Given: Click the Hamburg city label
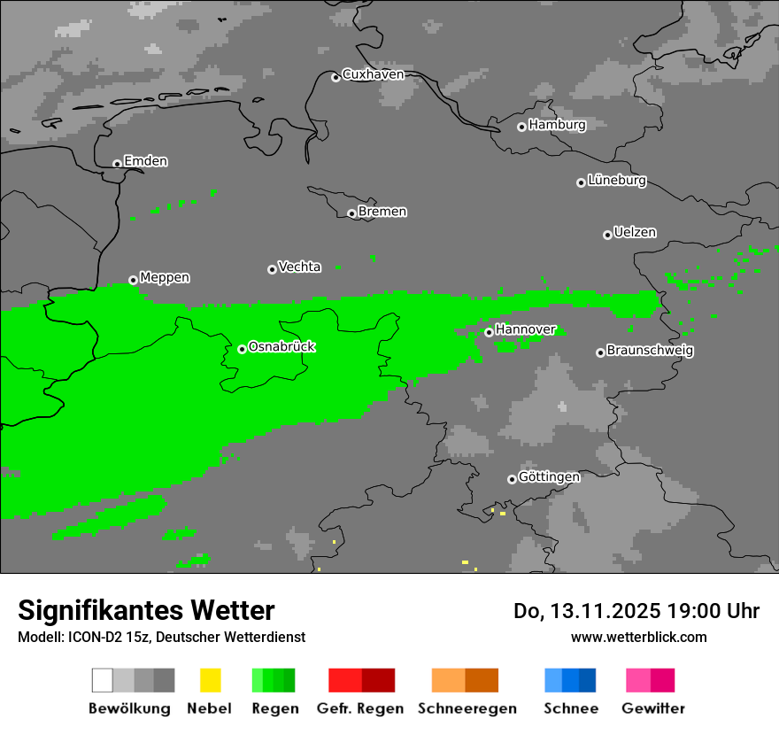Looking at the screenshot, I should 557,125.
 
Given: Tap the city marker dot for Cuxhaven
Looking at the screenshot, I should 336,78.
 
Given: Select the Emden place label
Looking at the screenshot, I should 145,161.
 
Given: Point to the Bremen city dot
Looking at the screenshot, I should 351,213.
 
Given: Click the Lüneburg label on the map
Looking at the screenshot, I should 617,181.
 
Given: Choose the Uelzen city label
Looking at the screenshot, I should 635,233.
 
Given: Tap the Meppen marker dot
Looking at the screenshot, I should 134,280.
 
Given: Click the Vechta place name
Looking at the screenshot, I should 299,267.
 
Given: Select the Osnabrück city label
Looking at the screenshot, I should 282,347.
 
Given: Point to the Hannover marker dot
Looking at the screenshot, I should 489,332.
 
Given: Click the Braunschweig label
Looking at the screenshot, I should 650,351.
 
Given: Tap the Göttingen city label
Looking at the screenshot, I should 549,477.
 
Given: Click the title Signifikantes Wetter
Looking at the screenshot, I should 146,611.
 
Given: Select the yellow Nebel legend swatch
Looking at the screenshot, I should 210,680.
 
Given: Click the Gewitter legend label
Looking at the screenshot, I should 653,708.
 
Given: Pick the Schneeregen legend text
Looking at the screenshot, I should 467,708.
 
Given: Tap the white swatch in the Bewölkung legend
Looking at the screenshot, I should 103,680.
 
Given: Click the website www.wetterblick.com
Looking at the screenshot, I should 638,637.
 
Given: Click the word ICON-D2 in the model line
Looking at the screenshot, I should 88,637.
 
